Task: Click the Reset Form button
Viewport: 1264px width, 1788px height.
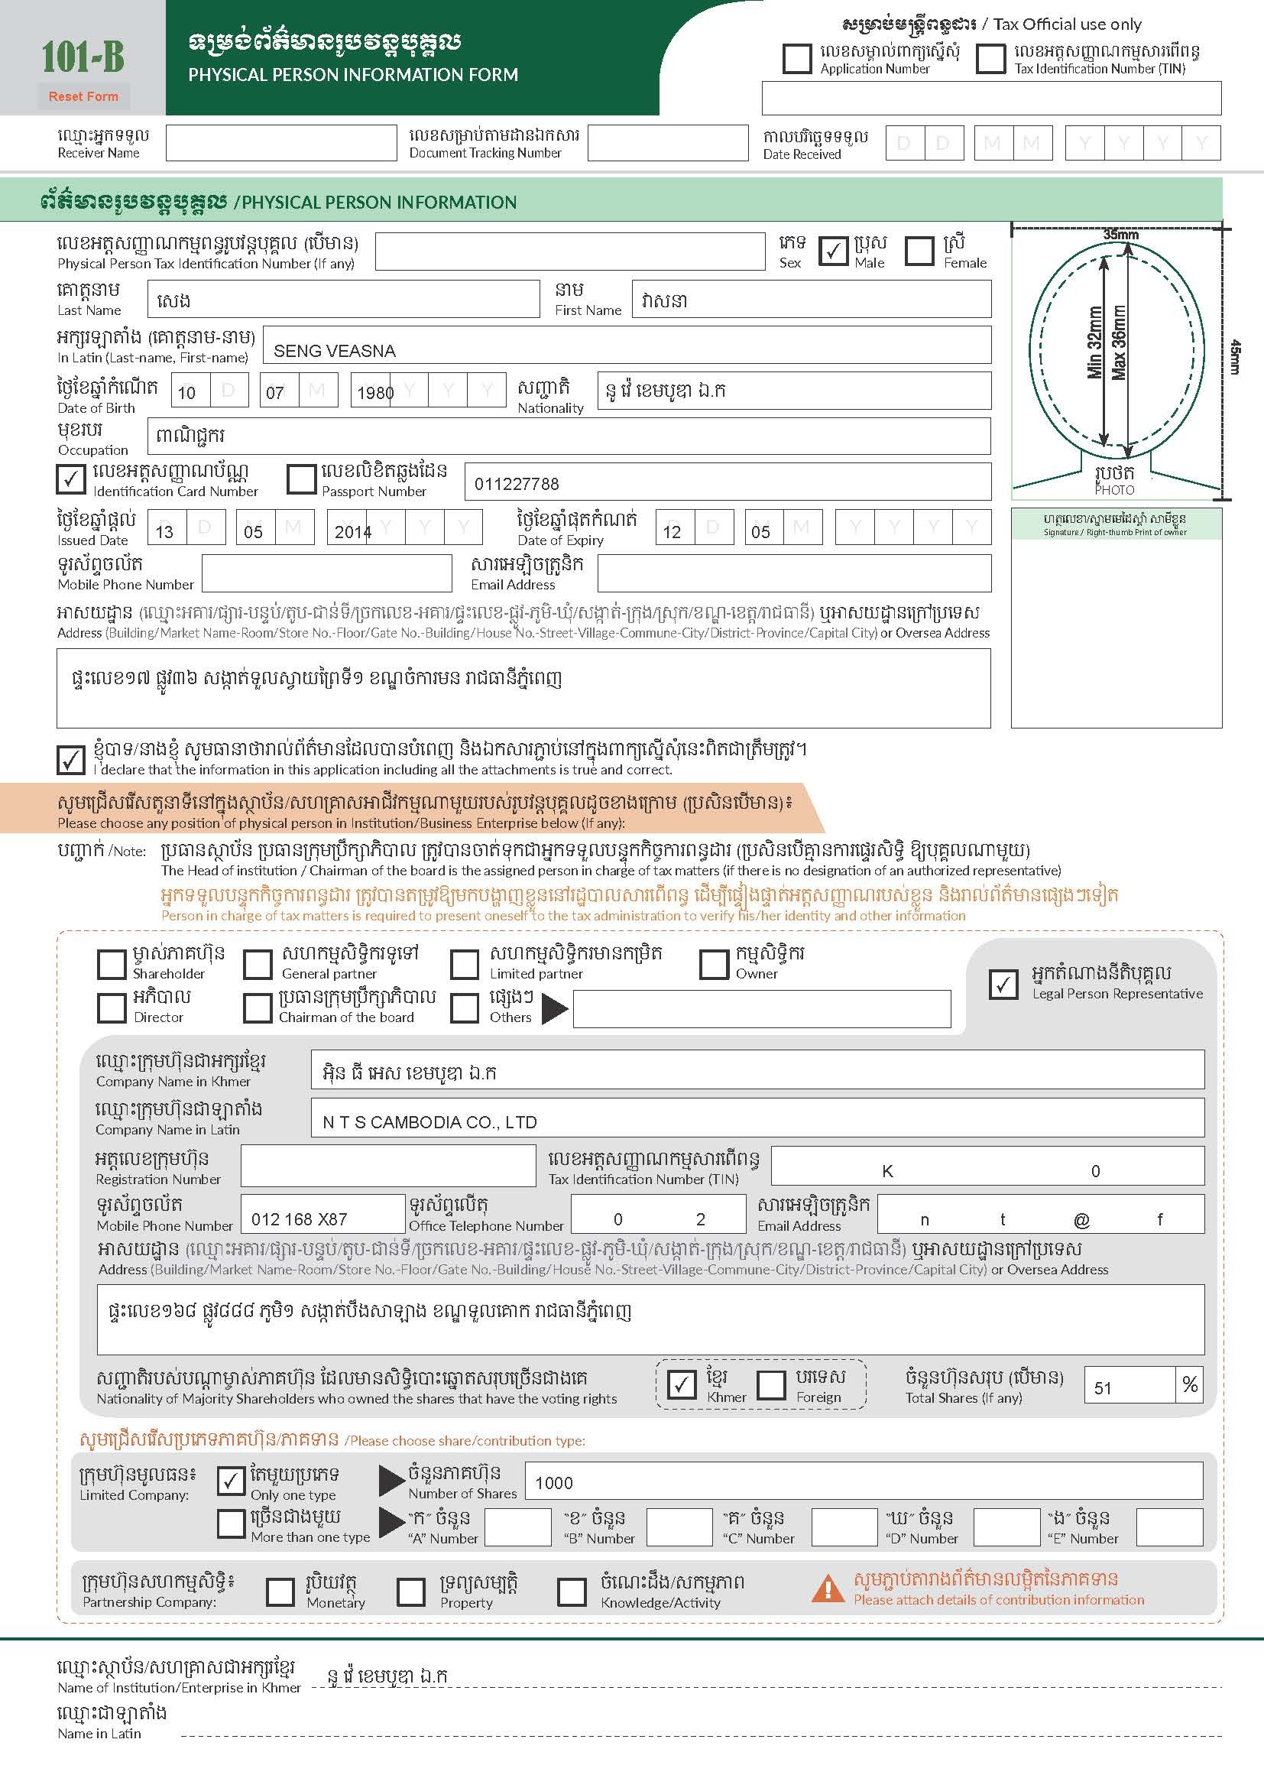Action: point(83,96)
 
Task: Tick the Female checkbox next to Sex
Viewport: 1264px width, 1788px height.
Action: point(919,251)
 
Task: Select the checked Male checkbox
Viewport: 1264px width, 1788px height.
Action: point(833,251)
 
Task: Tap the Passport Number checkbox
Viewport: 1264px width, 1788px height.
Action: point(300,480)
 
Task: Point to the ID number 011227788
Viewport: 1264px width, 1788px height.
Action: point(517,485)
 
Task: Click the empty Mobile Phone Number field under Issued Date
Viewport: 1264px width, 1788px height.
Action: point(326,574)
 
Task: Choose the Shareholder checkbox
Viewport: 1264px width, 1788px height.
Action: point(112,964)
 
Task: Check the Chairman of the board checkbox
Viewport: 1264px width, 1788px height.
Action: point(257,1008)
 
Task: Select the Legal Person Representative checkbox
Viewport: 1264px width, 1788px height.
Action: point(1003,985)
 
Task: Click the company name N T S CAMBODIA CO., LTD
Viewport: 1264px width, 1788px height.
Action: point(429,1122)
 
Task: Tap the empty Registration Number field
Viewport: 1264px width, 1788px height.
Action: point(387,1166)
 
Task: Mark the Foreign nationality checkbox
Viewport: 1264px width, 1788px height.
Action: point(771,1384)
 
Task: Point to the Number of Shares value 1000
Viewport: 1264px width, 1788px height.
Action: point(554,1483)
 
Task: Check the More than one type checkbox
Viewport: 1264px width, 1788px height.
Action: point(231,1524)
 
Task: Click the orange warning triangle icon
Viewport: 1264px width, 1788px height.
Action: point(828,1588)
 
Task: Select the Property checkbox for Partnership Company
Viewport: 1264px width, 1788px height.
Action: point(410,1592)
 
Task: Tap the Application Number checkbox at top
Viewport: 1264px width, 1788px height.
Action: point(796,58)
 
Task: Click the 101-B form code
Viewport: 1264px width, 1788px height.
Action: point(83,57)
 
